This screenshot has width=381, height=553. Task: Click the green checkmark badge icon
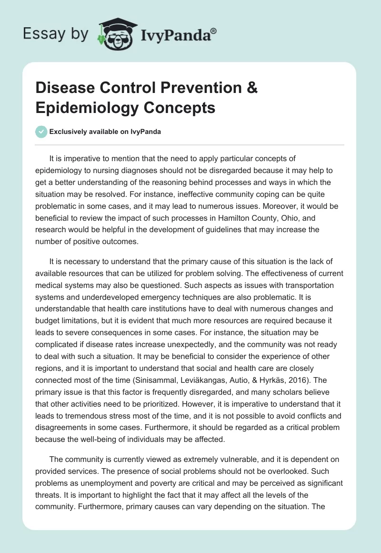coord(41,132)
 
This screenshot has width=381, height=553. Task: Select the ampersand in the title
coord(251,89)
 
